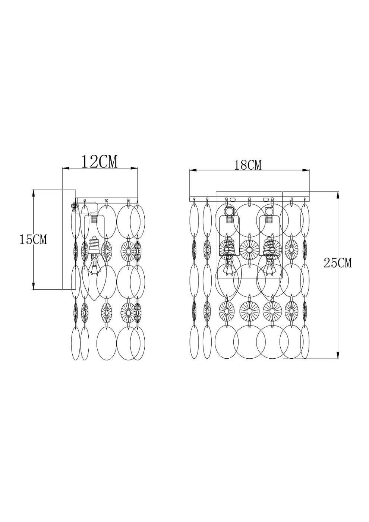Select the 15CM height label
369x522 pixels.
click(x=33, y=239)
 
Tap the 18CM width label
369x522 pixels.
click(x=248, y=164)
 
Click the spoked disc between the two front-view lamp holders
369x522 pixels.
click(x=249, y=248)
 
